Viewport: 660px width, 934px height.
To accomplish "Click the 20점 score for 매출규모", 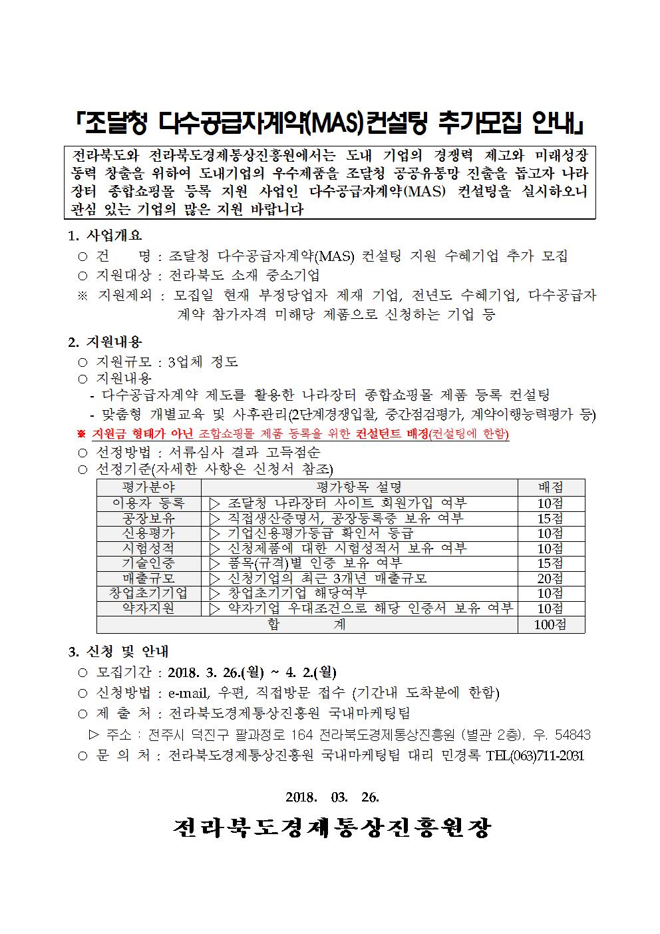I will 550,579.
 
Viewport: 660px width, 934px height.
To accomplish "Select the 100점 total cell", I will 550,624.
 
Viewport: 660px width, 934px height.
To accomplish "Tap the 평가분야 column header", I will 148,487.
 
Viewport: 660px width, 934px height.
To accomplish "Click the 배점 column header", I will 550,487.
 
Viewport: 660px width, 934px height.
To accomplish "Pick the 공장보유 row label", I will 148,518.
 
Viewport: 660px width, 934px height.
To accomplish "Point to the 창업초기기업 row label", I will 148,593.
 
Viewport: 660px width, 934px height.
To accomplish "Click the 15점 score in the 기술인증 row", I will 550,563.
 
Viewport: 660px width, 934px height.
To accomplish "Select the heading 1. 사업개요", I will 105,236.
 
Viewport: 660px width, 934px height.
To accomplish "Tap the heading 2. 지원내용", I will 105,342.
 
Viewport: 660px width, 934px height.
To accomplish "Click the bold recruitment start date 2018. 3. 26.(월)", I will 217,672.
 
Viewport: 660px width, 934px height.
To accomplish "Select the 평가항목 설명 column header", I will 359,487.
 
